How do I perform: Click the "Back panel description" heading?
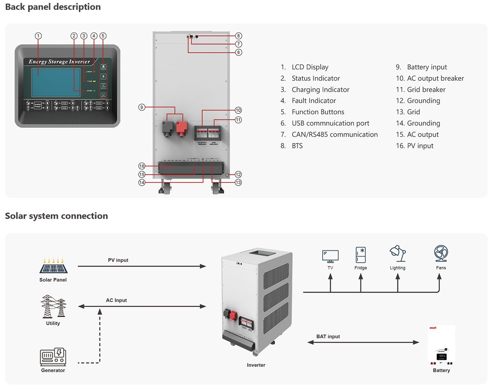click(53, 7)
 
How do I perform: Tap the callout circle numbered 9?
click(142, 107)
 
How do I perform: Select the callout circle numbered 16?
click(142, 166)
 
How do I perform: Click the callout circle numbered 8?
click(239, 36)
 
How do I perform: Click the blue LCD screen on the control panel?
click(56, 83)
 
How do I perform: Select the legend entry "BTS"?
click(297, 146)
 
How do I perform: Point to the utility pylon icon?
click(53, 306)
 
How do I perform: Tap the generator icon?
click(53, 357)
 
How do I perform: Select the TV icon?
click(330, 256)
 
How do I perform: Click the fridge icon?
click(361, 255)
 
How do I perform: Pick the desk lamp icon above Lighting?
click(397, 254)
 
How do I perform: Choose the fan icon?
click(441, 254)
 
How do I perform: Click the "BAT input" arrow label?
click(328, 336)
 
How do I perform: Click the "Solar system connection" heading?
click(57, 216)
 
